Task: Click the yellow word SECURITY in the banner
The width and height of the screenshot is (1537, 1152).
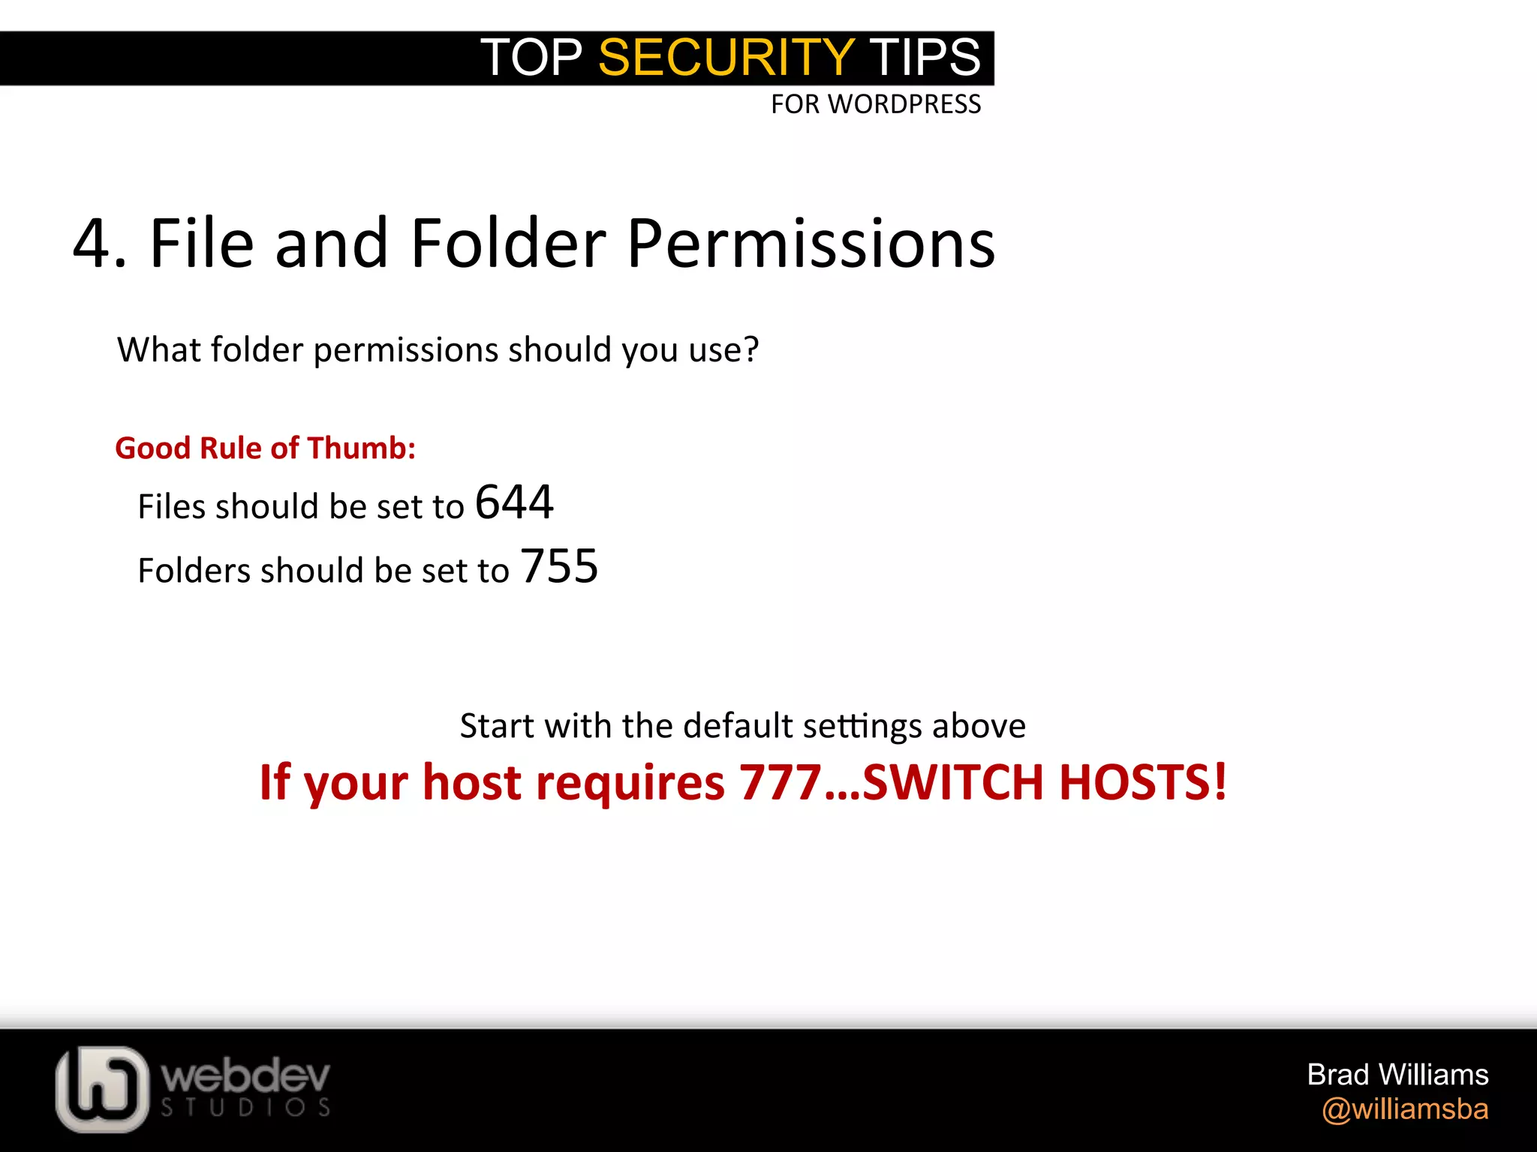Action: (726, 58)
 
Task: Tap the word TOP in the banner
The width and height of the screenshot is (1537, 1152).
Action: (531, 58)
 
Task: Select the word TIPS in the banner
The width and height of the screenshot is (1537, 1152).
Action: (925, 58)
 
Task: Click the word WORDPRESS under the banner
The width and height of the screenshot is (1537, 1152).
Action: (904, 104)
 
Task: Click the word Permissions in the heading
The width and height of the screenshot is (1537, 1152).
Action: (811, 244)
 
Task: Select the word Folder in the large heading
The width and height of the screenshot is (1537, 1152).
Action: (509, 244)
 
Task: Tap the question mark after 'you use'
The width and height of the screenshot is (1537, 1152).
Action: (750, 349)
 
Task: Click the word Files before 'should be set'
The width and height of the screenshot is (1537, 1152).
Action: (172, 506)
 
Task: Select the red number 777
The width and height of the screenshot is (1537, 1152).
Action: (781, 782)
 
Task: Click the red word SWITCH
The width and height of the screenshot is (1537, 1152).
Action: (953, 782)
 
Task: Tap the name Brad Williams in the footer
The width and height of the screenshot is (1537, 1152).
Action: (1397, 1075)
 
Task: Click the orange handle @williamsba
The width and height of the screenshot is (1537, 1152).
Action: (1405, 1109)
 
